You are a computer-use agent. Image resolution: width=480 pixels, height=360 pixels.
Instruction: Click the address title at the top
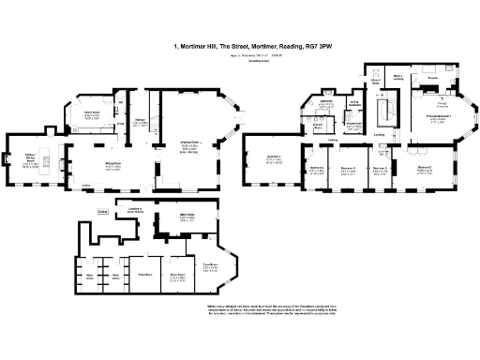pyautogui.click(x=252, y=44)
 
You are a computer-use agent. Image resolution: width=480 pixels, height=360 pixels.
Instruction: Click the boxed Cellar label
pyautogui.click(x=103, y=213)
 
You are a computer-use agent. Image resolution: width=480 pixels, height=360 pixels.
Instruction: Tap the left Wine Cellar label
pyautogui.click(x=90, y=276)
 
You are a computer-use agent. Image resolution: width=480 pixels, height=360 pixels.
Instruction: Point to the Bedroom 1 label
pyautogui.click(x=274, y=160)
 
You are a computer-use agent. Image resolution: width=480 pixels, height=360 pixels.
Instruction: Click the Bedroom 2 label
pyautogui.click(x=425, y=169)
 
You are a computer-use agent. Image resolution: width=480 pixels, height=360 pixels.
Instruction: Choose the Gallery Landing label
pyautogui.click(x=397, y=78)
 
